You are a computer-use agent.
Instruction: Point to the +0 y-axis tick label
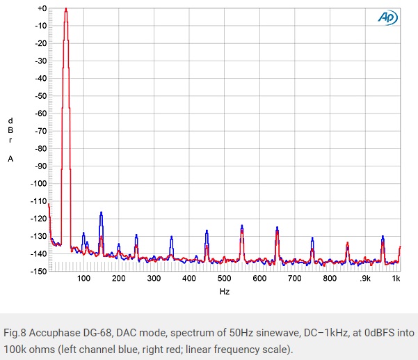[x=41, y=8]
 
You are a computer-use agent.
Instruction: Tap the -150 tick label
[x=38, y=272]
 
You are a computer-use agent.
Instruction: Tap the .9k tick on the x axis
[x=364, y=279]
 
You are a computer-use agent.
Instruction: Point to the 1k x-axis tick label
[x=396, y=279]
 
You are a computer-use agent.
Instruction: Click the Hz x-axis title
[x=224, y=292]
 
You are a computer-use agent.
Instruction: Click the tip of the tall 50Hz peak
[x=66, y=9]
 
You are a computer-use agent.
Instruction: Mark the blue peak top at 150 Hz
[x=102, y=212]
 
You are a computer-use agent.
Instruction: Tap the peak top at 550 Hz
[x=242, y=226]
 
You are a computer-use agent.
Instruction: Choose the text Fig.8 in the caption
[x=18, y=332]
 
